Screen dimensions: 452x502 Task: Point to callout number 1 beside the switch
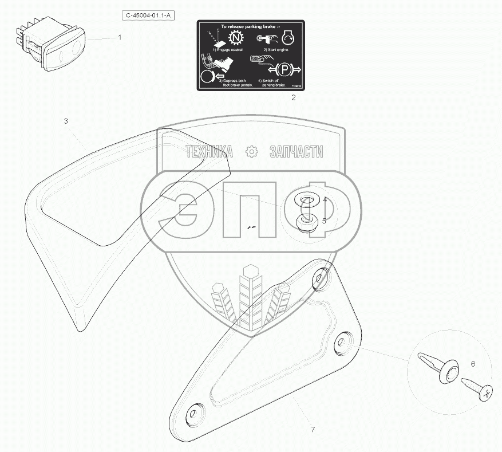(120, 37)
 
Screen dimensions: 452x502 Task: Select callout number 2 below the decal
(294, 97)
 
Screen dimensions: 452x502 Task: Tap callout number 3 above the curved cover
(66, 121)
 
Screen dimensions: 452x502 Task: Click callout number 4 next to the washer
(324, 200)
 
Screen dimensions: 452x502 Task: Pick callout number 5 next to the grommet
(324, 220)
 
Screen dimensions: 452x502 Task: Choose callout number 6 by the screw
(472, 363)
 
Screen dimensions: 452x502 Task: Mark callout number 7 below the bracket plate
(313, 429)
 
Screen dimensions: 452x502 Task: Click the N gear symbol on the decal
(236, 38)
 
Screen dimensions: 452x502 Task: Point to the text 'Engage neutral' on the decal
(228, 50)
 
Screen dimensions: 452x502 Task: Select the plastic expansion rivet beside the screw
(438, 368)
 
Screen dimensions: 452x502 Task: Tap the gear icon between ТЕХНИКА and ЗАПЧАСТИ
(250, 152)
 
